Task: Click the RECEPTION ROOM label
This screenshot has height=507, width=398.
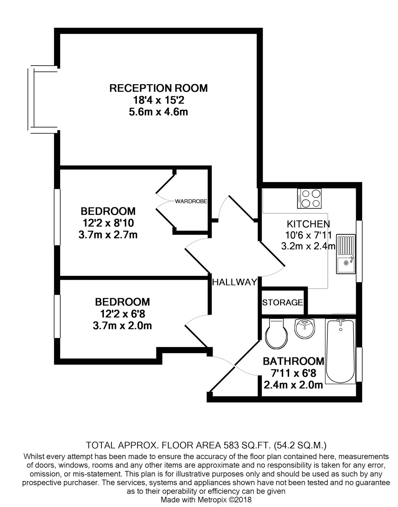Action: [159, 88]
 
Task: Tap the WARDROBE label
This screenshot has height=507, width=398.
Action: [191, 201]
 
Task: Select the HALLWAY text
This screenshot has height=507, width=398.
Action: [234, 282]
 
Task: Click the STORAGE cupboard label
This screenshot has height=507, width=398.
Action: [282, 303]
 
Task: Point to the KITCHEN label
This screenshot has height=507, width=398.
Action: [308, 224]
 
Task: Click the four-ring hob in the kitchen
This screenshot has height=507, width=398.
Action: [309, 198]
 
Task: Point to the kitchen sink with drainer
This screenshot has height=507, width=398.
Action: [346, 254]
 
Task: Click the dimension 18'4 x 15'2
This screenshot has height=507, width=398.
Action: [159, 100]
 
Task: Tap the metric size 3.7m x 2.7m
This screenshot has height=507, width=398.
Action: [108, 235]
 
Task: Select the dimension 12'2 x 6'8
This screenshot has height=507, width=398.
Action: [122, 314]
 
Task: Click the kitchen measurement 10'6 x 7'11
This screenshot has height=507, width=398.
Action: [308, 235]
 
